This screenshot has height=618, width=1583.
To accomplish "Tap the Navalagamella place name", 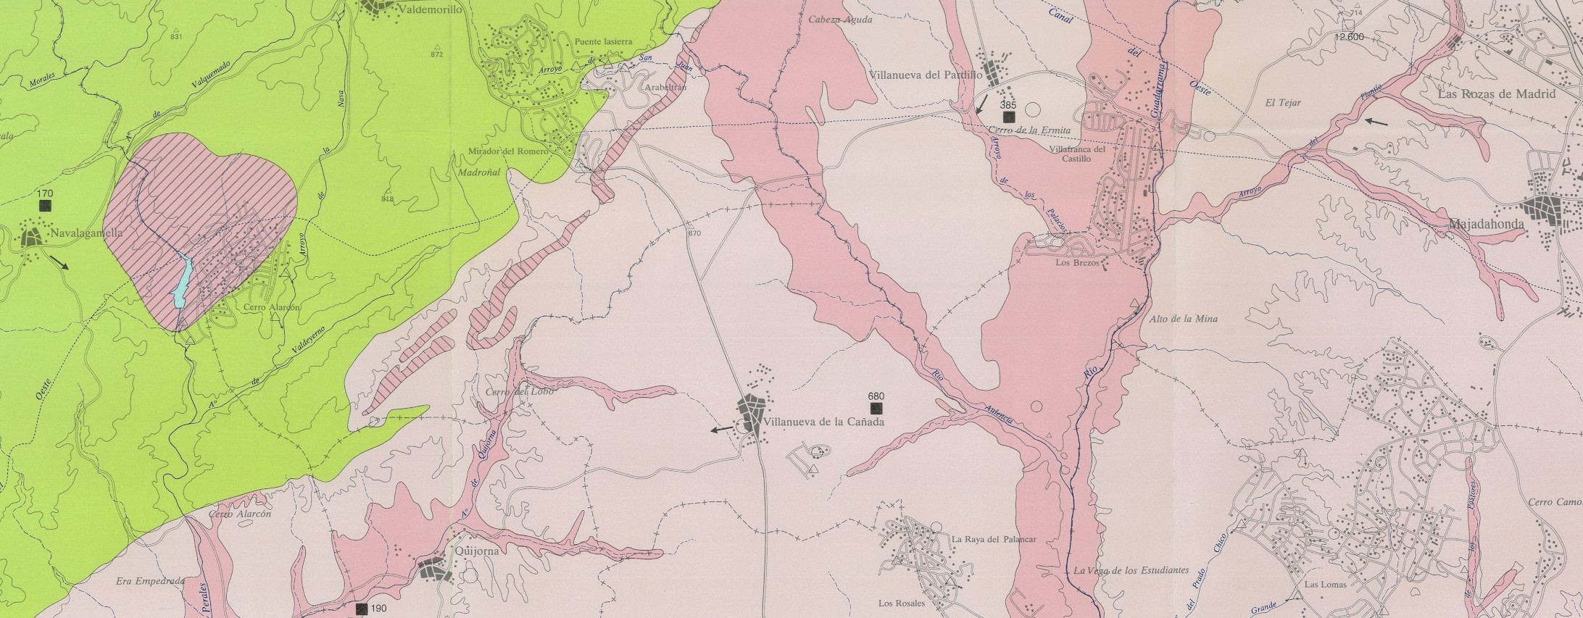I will pos(86,233).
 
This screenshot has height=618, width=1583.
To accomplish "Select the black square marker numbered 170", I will pos(45,206).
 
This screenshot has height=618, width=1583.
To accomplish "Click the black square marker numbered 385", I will pos(1008,116).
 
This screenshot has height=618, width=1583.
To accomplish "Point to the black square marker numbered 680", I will pos(876,408).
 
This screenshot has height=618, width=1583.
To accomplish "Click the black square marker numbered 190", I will pos(362,609).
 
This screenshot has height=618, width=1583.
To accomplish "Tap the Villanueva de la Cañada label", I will pos(825,422).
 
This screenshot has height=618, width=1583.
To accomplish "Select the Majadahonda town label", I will pos(1486,225).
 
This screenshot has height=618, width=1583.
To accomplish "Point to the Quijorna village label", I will pos(478,551).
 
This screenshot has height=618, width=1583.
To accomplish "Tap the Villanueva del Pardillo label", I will pos(925,75).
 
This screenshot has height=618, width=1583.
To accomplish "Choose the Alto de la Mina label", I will pos(1184,319).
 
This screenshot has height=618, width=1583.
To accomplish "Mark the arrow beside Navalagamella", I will pos(60,262).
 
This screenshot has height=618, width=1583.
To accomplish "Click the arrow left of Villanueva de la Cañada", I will pos(721,430).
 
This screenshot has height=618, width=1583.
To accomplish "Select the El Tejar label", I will pos(1283,103).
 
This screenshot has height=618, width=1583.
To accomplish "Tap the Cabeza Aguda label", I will pos(840,20).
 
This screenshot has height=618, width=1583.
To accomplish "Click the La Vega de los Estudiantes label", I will pos(1131,570).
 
